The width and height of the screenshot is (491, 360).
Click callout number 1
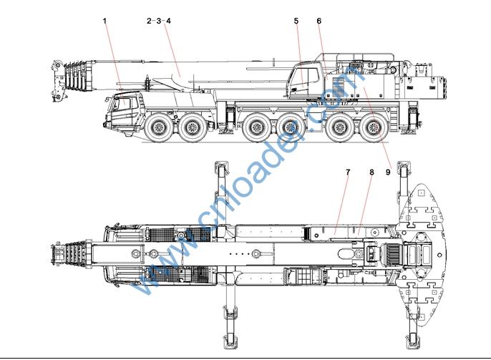[x=104, y=21]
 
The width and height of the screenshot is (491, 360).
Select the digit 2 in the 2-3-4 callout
[x=149, y=21]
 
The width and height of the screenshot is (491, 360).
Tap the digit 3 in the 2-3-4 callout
[x=158, y=21]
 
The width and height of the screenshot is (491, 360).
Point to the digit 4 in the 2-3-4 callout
[x=168, y=21]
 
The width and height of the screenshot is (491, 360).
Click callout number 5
[x=296, y=21]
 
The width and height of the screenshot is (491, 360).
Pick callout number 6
[x=319, y=21]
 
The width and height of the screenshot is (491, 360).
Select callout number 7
[x=348, y=172]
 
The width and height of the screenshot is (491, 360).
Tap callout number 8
[x=371, y=172]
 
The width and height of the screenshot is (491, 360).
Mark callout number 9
[x=389, y=172]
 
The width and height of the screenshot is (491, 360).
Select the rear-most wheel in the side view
[x=374, y=130]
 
